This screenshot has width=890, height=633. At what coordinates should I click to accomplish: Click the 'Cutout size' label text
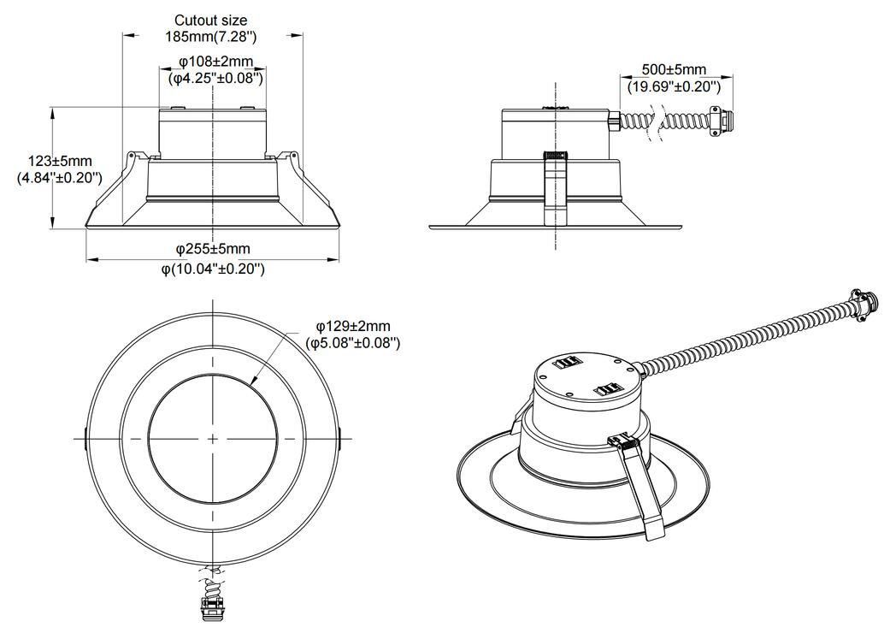[x=210, y=20]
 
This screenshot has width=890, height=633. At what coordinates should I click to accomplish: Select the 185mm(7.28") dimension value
[x=210, y=36]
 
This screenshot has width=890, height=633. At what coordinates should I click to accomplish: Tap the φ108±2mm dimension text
[x=215, y=62]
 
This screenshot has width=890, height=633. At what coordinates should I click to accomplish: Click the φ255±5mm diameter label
[x=213, y=249]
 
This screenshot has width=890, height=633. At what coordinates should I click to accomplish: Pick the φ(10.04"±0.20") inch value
[x=213, y=269]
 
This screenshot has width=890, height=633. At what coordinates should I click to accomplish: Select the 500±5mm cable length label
[x=674, y=69]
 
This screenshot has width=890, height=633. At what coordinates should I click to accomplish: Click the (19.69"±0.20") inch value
[x=674, y=86]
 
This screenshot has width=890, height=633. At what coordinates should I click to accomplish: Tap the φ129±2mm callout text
[x=352, y=326]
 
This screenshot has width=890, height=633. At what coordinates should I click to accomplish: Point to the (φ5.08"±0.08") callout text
[x=352, y=342]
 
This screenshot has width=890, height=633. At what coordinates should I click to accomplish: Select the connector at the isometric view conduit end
[x=861, y=303]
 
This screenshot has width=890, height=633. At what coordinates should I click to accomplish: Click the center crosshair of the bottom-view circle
[x=211, y=438]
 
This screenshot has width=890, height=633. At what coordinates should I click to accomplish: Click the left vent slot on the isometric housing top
[x=565, y=363]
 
